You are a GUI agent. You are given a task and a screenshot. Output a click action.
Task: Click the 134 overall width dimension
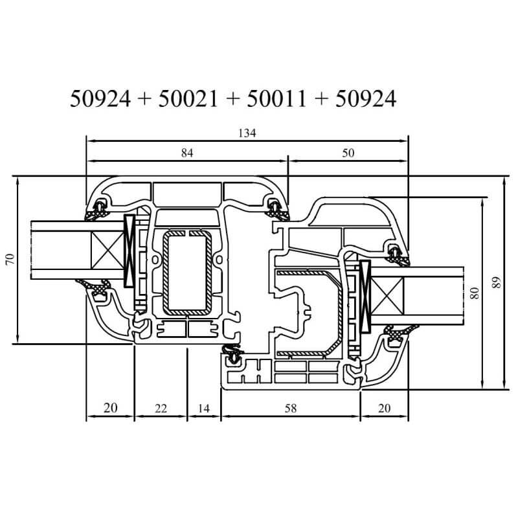pyautogui.click(x=247, y=133)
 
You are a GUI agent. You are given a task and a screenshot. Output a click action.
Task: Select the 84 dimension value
pyautogui.click(x=187, y=153)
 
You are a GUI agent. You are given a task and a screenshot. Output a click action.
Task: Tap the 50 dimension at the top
pyautogui.click(x=348, y=153)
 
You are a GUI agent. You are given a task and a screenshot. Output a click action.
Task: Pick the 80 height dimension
pyautogui.click(x=474, y=293)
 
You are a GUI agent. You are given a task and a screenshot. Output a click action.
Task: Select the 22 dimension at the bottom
pyautogui.click(x=161, y=409)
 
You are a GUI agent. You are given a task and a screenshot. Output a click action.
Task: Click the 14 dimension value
pyautogui.click(x=204, y=409)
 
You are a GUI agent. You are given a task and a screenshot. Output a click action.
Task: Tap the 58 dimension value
pyautogui.click(x=291, y=409)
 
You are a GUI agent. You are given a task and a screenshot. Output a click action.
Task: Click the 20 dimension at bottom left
pyautogui.click(x=110, y=408)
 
